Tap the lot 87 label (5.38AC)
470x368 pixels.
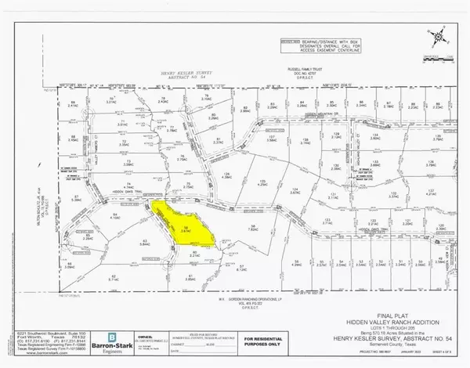76,199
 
